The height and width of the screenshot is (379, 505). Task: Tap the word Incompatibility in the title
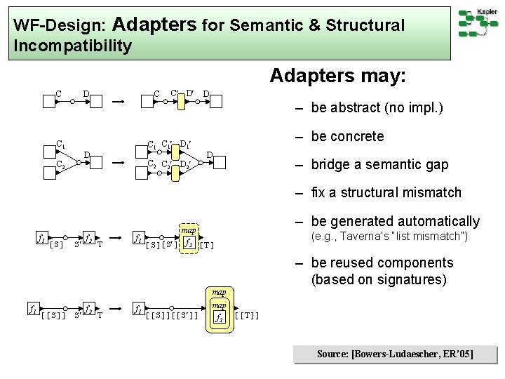pyautogui.click(x=72, y=46)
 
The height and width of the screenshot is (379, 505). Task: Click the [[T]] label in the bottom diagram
pyautogui.click(x=247, y=315)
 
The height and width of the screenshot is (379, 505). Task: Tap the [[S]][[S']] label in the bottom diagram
pyautogui.click(x=172, y=315)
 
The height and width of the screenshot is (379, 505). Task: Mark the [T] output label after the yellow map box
pyautogui.click(x=206, y=246)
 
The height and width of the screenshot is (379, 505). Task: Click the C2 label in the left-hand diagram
pyautogui.click(x=62, y=166)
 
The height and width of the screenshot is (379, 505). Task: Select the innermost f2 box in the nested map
pyautogui.click(x=220, y=317)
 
